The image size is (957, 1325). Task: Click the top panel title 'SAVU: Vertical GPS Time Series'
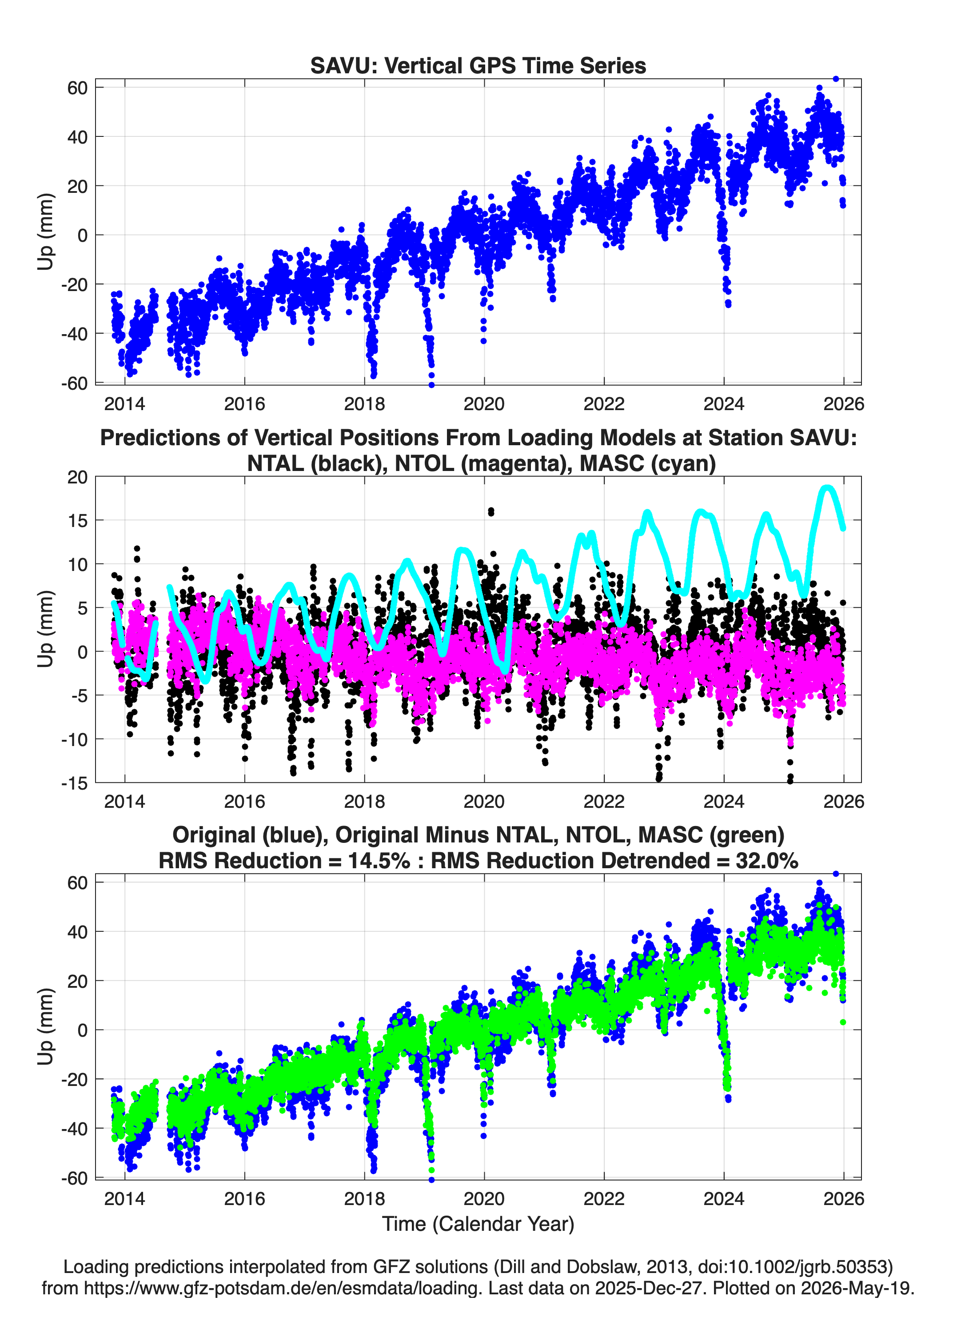coord(478,65)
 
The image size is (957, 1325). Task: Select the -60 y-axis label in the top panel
coord(74,383)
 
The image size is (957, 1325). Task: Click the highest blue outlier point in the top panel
coord(835,79)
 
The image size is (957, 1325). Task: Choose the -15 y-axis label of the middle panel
coord(74,783)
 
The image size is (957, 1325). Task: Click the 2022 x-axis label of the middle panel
coord(604,802)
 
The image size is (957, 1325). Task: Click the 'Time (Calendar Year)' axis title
coord(478,1223)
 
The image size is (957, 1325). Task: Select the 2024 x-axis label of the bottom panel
coord(724,1199)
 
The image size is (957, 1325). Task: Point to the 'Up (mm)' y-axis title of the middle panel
coord(46,629)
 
